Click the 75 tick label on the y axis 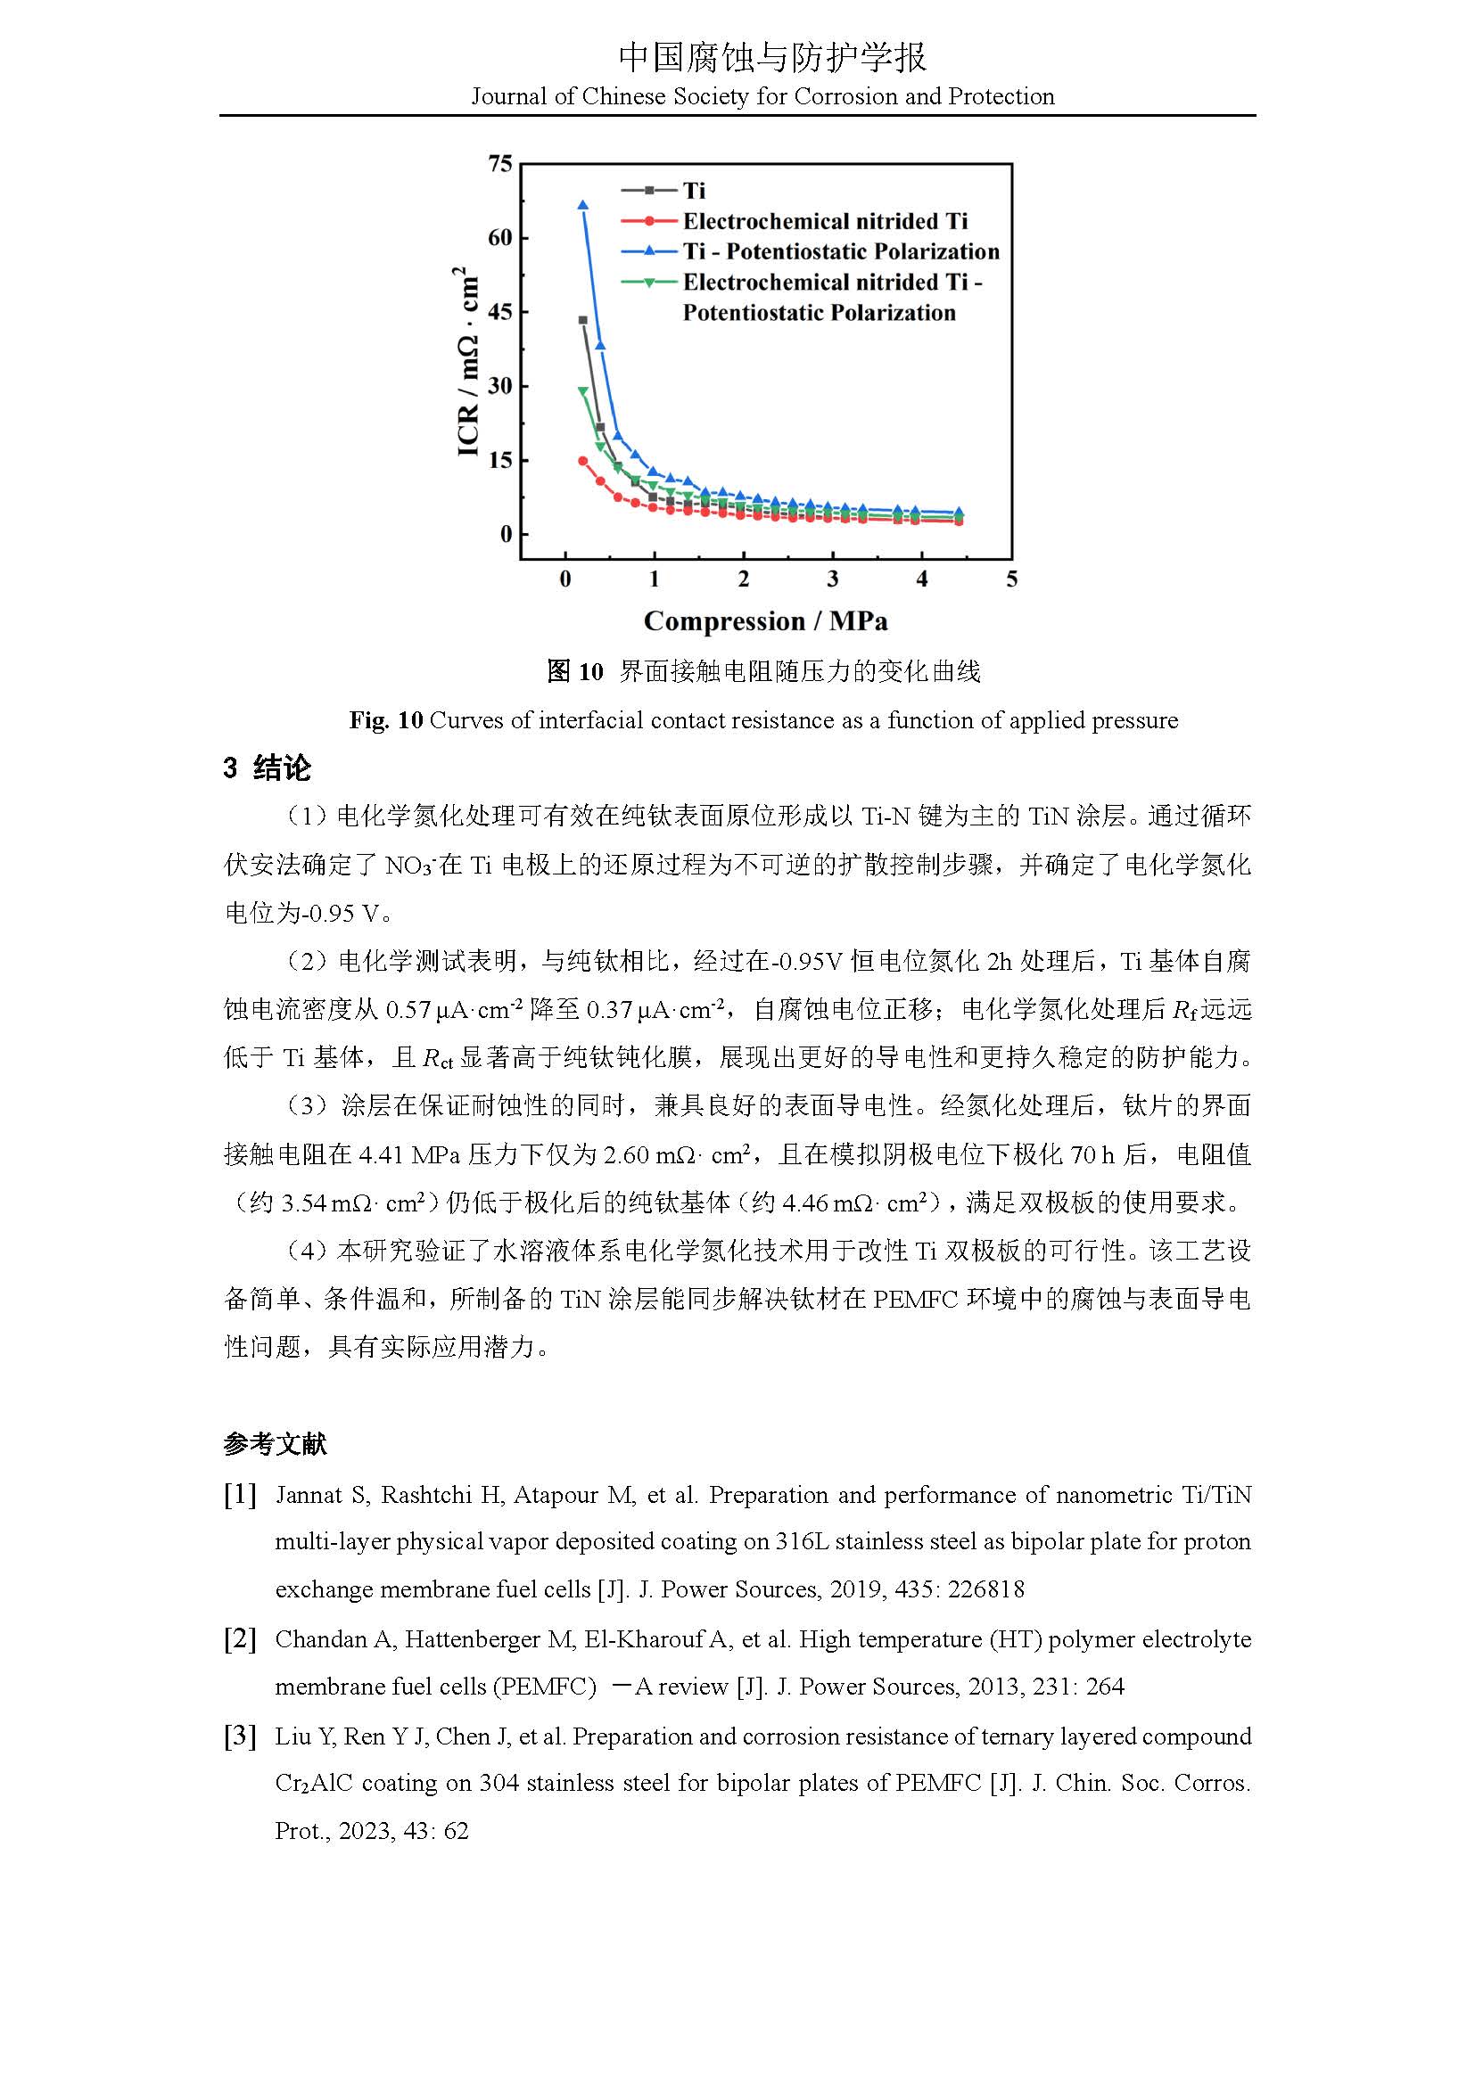click(500, 163)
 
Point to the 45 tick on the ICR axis click(500, 311)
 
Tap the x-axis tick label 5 click(1012, 579)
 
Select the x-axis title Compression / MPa click(766, 621)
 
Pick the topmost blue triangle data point click(583, 205)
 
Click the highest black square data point click(583, 320)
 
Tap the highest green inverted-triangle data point click(583, 391)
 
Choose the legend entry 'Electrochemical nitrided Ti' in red click(825, 222)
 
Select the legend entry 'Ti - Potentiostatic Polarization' click(840, 251)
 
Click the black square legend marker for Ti click(649, 191)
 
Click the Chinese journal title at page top click(772, 57)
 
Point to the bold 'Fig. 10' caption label click(386, 721)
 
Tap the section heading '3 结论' click(267, 768)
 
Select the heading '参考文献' click(275, 1445)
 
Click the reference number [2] click(240, 1639)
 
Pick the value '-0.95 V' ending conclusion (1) click(341, 914)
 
